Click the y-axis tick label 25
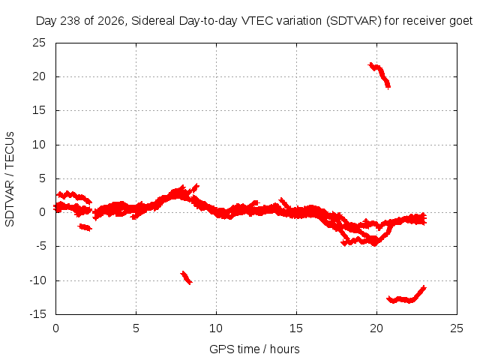(x=39, y=43)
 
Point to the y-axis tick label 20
(x=39, y=76)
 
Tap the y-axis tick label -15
(x=37, y=314)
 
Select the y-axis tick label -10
(x=37, y=280)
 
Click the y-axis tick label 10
(x=39, y=145)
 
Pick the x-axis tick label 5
(x=136, y=328)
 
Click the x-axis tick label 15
(x=296, y=328)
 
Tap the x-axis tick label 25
(x=457, y=328)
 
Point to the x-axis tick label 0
(x=55, y=328)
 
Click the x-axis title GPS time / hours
(x=254, y=349)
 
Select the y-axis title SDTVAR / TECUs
(x=10, y=179)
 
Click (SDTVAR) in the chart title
(x=354, y=21)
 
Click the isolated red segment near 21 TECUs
(x=380, y=74)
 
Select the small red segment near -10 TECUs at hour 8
(x=186, y=277)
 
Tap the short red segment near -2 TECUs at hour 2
(x=85, y=227)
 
